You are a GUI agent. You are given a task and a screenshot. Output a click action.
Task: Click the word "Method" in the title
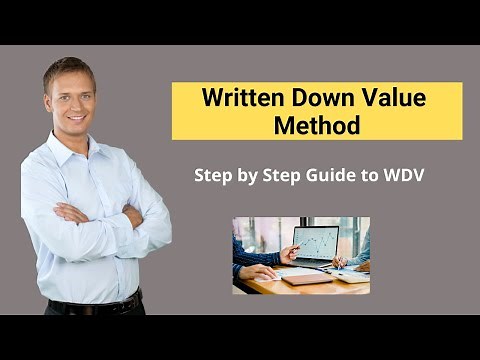click(x=317, y=126)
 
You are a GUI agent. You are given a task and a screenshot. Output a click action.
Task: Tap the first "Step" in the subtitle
click(x=214, y=174)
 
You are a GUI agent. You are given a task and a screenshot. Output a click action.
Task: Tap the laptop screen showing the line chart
click(x=315, y=243)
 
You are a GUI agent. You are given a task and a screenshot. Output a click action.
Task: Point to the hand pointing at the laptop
click(x=287, y=251)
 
